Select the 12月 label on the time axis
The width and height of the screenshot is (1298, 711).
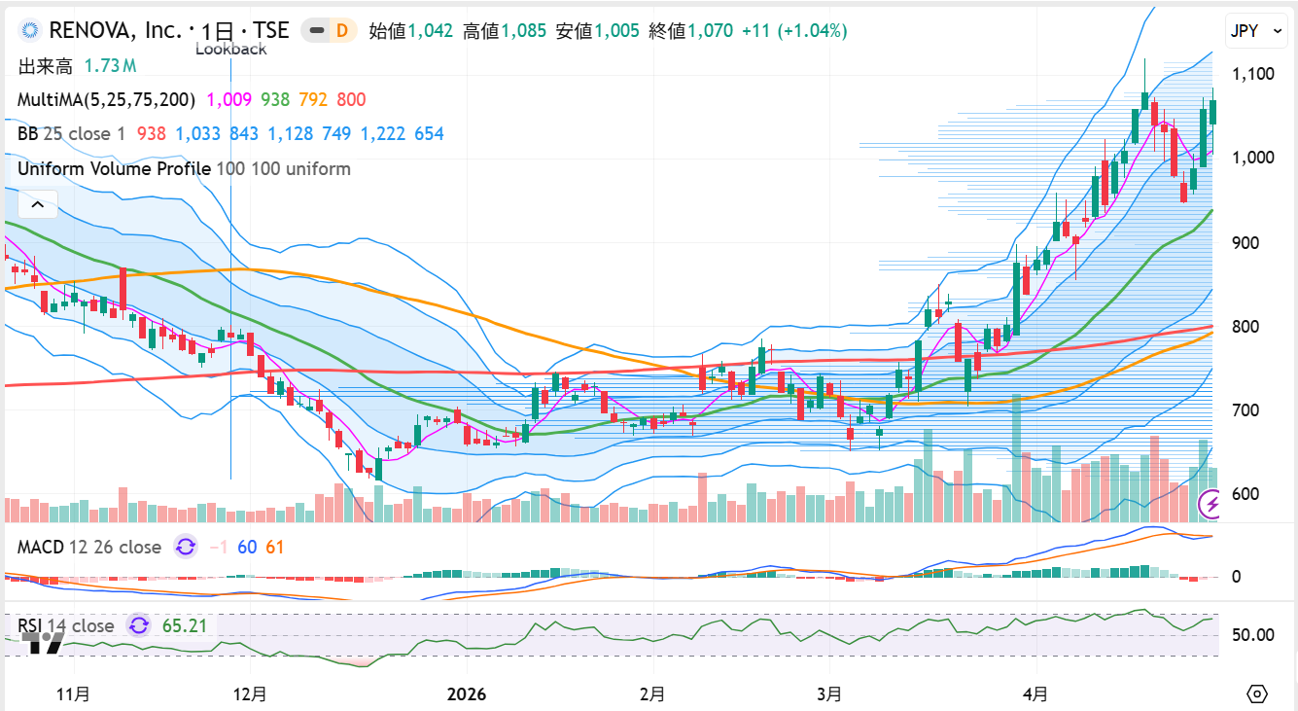point(250,694)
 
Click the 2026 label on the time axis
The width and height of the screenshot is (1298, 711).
point(466,694)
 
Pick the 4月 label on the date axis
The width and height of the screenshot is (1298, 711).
point(1036,694)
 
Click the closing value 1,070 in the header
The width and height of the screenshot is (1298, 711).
point(710,31)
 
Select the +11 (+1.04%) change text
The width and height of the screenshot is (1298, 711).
point(794,31)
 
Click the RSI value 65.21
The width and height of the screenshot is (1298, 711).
point(185,625)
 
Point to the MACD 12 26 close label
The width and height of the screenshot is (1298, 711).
point(88,547)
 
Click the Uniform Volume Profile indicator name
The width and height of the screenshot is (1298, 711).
point(114,168)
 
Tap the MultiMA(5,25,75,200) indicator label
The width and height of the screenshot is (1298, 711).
point(106,99)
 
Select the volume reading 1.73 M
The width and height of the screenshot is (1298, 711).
point(110,66)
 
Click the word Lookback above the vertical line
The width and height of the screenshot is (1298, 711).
point(230,49)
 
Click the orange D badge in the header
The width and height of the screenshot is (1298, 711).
point(341,31)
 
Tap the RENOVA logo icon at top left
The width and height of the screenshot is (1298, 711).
point(30,31)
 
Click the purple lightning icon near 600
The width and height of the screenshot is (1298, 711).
point(1211,504)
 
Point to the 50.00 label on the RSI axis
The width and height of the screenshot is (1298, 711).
point(1252,635)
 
